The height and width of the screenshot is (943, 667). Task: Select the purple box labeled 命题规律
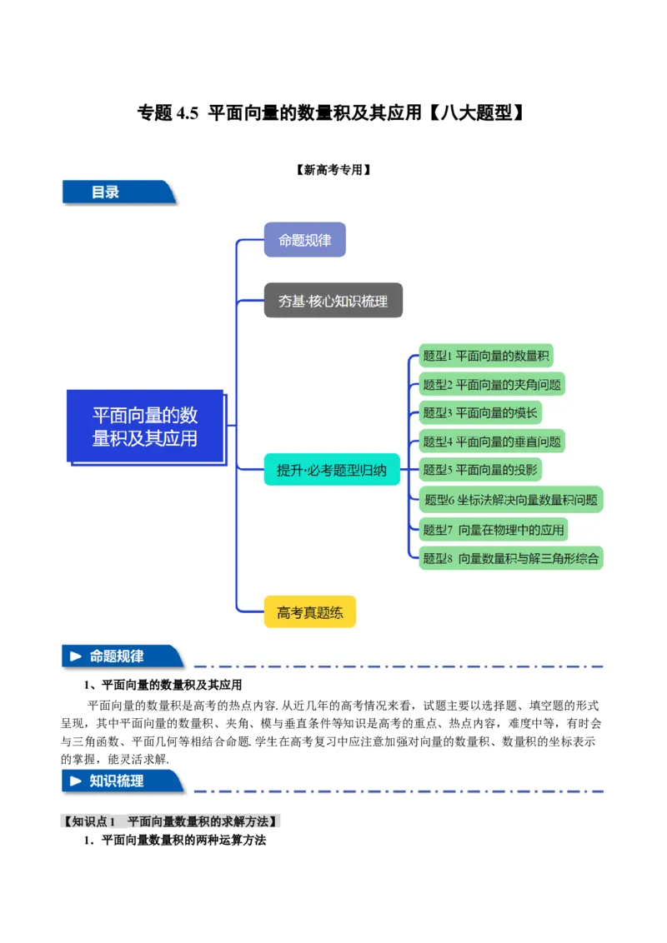tap(304, 240)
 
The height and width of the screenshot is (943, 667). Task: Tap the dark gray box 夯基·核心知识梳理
tap(333, 301)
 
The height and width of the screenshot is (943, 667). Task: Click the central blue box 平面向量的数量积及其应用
tap(145, 426)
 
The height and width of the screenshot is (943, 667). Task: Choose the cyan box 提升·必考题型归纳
tap(332, 470)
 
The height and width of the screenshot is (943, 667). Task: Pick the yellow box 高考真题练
tap(309, 612)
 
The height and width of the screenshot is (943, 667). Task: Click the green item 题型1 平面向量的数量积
tap(485, 356)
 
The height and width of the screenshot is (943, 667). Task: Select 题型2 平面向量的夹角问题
tap(492, 384)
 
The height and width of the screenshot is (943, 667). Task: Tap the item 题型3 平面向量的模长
tap(480, 412)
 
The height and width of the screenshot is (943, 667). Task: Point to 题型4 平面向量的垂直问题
tap(491, 441)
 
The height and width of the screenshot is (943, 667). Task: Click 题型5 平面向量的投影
tap(480, 469)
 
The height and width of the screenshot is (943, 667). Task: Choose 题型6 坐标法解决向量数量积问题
tap(510, 500)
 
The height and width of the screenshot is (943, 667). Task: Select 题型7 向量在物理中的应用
tap(493, 529)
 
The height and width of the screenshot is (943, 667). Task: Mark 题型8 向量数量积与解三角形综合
tap(510, 558)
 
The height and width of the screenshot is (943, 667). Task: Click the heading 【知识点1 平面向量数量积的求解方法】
tap(173, 822)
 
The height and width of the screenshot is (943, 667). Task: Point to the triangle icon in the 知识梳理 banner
tap(76, 781)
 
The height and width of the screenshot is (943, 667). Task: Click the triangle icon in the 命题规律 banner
tap(76, 656)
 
